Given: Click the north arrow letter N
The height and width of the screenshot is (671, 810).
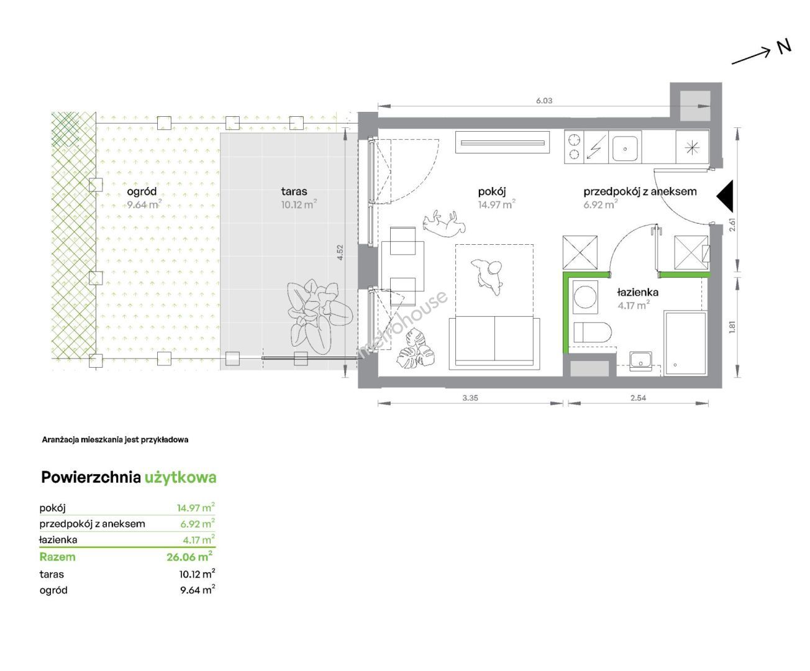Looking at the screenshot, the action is click(784, 47).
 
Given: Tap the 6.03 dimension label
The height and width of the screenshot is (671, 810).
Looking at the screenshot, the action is click(544, 101).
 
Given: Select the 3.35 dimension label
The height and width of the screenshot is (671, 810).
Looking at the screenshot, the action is click(470, 398).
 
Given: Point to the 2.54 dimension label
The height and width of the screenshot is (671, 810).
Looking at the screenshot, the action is click(638, 398).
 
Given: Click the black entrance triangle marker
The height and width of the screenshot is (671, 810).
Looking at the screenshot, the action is click(725, 196).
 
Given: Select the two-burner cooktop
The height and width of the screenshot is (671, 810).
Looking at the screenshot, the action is click(574, 147).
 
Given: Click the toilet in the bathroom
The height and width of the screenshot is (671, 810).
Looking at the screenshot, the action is click(593, 332).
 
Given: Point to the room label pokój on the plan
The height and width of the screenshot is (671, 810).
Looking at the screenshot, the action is click(492, 191).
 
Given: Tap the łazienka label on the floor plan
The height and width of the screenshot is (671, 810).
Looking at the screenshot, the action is click(637, 292).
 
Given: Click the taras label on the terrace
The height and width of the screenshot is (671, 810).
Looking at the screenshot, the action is click(294, 191).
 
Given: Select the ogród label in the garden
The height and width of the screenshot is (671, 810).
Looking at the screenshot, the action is click(142, 192).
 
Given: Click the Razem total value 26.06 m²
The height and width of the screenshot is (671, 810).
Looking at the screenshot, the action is click(189, 557).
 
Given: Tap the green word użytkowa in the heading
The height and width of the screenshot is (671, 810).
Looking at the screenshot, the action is click(180, 478).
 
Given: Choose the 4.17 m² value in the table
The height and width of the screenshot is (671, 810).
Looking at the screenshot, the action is click(199, 539).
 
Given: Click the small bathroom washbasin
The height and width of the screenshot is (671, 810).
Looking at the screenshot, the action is click(640, 360).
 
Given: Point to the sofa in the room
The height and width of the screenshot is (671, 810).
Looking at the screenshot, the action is click(494, 343).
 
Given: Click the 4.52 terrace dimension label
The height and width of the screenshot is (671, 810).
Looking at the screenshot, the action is click(340, 252).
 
